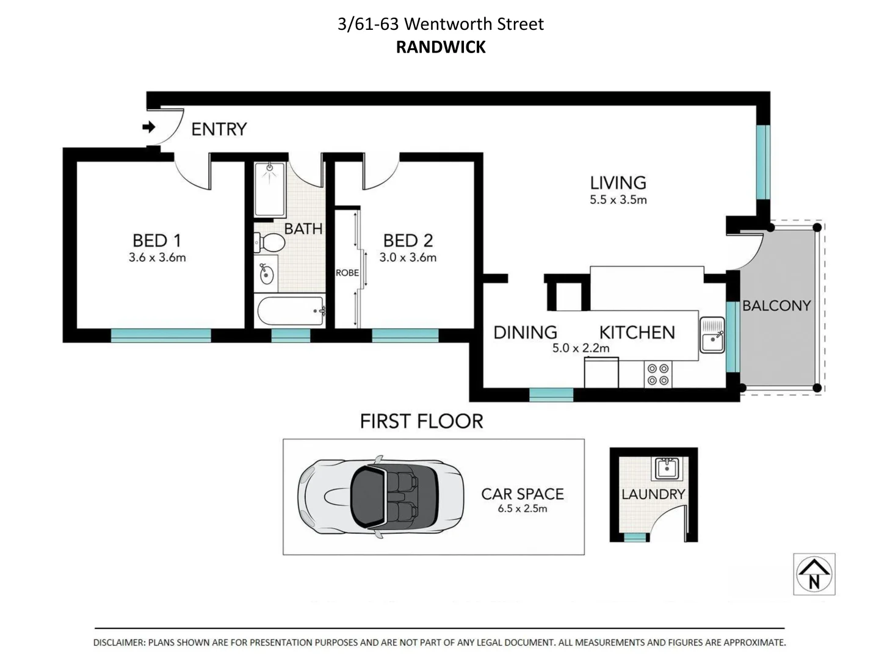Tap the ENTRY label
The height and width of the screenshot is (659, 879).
tap(219, 129)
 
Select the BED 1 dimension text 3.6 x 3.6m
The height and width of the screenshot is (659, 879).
tap(157, 257)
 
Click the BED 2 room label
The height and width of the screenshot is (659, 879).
tap(408, 240)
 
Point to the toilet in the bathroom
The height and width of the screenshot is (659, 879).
tap(269, 243)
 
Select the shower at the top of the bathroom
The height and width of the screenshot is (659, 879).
tap(270, 189)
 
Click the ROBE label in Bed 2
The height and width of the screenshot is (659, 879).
tap(347, 273)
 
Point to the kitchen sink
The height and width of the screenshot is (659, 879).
tap(712, 335)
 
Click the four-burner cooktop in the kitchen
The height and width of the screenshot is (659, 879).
tap(658, 375)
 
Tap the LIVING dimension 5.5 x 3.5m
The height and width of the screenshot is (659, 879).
tap(618, 200)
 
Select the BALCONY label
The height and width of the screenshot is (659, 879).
tap(776, 306)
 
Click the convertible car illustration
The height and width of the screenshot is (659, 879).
tap(380, 497)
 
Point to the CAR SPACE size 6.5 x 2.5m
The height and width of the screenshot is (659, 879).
tap(522, 509)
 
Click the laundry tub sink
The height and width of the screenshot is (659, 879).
tap(667, 469)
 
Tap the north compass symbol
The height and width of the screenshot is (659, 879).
tap(814, 574)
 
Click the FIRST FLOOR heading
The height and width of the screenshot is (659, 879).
tap(421, 422)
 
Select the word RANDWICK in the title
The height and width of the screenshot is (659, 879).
tap(441, 47)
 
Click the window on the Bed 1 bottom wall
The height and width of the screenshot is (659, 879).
tap(161, 335)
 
